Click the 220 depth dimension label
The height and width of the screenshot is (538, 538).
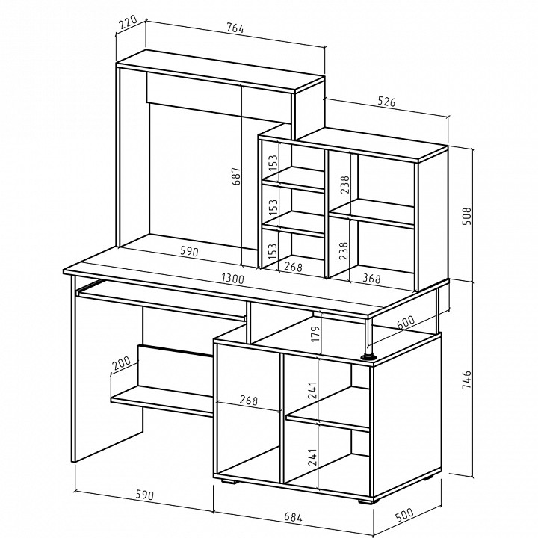[x=127, y=22]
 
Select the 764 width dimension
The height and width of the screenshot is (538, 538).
[x=235, y=28]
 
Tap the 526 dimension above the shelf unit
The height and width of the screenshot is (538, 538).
[x=386, y=102]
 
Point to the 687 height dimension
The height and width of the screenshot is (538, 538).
[x=236, y=176]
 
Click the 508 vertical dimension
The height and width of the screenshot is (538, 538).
[x=467, y=216]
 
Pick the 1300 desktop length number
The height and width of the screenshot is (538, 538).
[x=233, y=278]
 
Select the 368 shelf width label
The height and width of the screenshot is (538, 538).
[x=371, y=278]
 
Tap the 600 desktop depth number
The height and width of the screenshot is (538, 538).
[x=405, y=322]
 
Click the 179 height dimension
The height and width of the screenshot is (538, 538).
[x=315, y=333]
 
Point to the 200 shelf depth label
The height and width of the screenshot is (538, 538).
[x=122, y=363]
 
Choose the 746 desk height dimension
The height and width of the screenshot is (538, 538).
[x=467, y=380]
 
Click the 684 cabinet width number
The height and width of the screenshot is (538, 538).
[x=293, y=517]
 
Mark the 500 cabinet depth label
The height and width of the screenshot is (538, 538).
[x=404, y=515]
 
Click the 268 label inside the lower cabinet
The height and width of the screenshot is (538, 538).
[x=248, y=400]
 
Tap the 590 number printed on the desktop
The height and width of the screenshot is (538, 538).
[x=189, y=252]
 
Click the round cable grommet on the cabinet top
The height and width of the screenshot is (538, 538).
[x=368, y=357]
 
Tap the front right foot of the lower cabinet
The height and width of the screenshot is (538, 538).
[x=368, y=501]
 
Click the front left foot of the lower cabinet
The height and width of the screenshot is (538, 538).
[x=229, y=481]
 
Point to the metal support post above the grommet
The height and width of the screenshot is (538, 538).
[x=369, y=337]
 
